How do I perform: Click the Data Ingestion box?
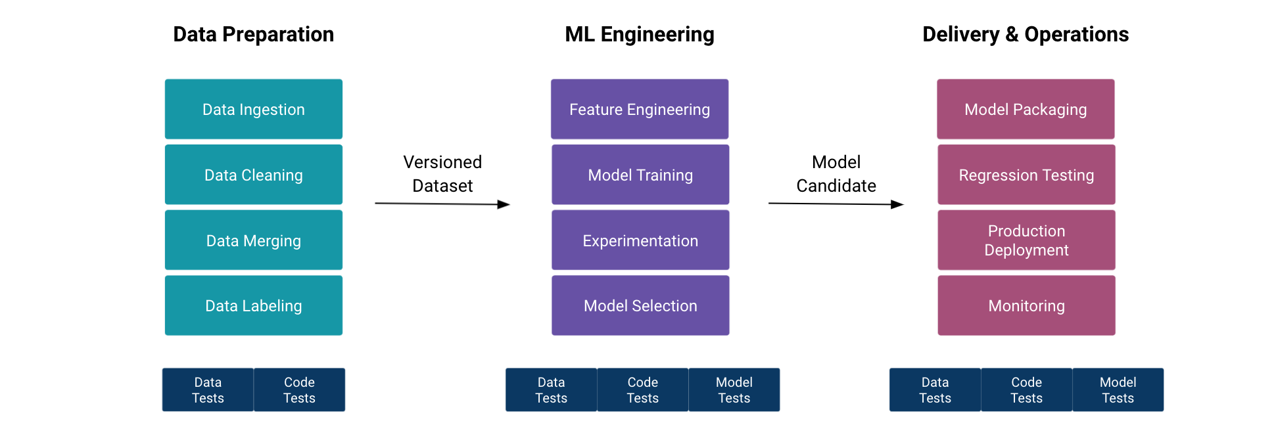click(x=253, y=109)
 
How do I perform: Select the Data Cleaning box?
click(x=253, y=175)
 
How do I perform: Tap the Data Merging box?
click(x=253, y=240)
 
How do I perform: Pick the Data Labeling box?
click(x=253, y=305)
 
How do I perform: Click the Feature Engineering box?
click(x=639, y=109)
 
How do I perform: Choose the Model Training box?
click(x=640, y=175)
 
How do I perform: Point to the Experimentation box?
click(x=640, y=240)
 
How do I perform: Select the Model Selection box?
click(x=640, y=305)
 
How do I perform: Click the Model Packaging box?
click(x=1025, y=109)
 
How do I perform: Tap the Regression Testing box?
click(x=1026, y=175)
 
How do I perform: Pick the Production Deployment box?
click(x=1026, y=240)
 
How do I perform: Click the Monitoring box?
click(x=1026, y=305)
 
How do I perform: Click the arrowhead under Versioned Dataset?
click(x=504, y=204)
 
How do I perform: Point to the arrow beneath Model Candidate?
click(x=835, y=204)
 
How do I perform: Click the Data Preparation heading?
click(x=253, y=34)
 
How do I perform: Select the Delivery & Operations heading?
click(x=1025, y=34)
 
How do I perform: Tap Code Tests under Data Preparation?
click(x=299, y=390)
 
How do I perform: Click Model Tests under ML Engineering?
click(x=734, y=390)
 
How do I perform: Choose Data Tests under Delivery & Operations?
click(x=934, y=390)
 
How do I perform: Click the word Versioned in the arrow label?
click(x=442, y=162)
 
